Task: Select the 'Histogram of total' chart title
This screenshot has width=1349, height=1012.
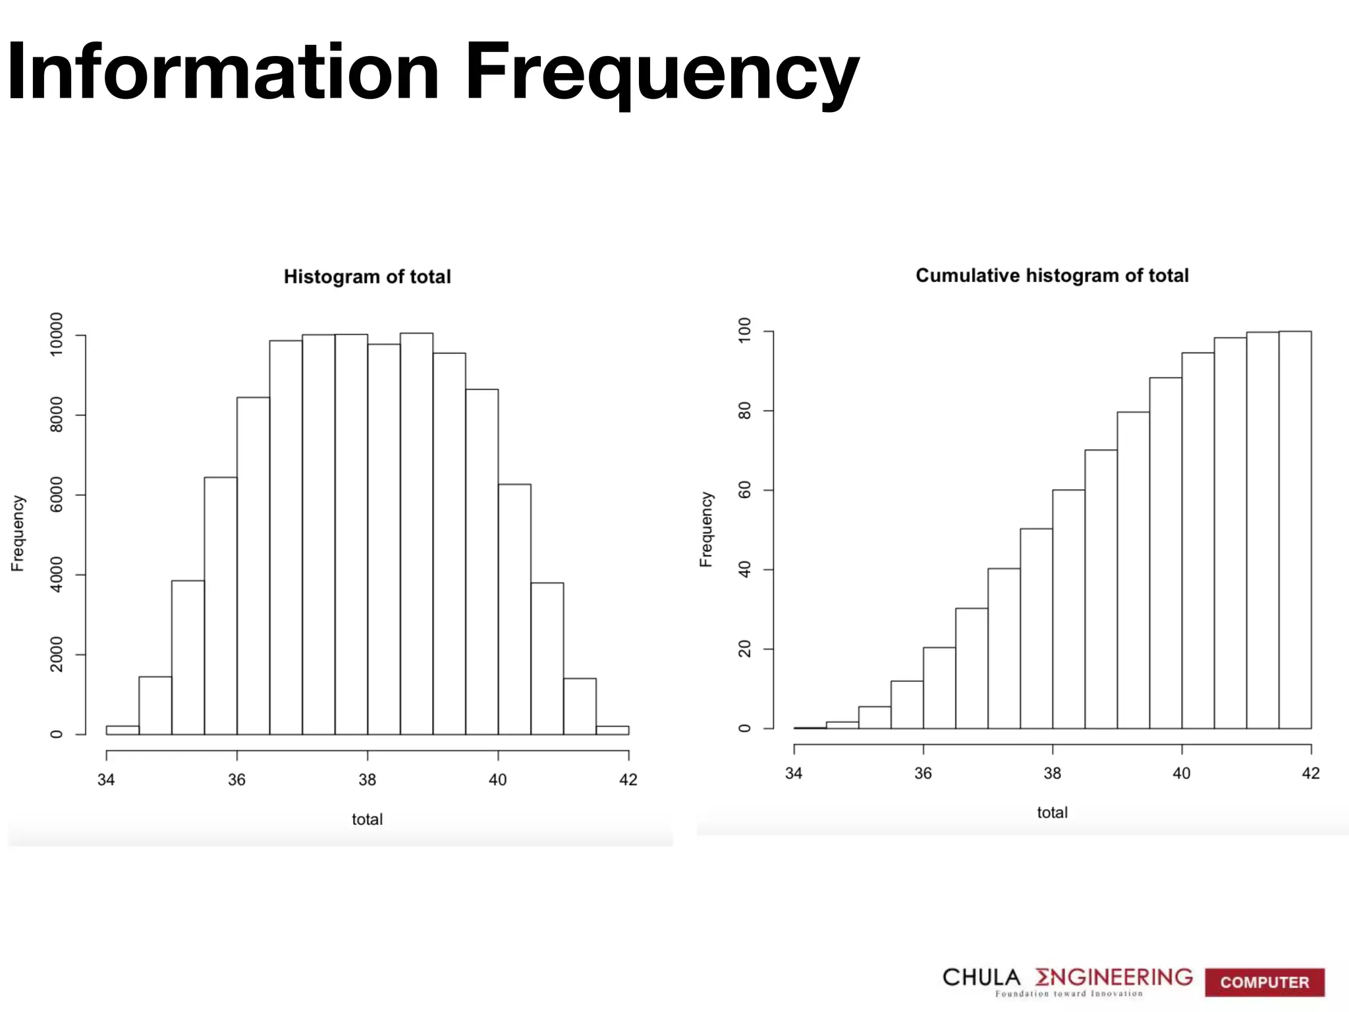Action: pyautogui.click(x=367, y=277)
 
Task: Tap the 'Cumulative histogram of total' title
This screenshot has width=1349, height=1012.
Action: pyautogui.click(x=1052, y=275)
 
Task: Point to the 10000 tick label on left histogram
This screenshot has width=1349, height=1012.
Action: pyautogui.click(x=57, y=334)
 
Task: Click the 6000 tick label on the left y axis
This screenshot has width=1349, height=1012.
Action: pyautogui.click(x=57, y=494)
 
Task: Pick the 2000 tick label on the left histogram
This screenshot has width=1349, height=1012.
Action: pyautogui.click(x=57, y=654)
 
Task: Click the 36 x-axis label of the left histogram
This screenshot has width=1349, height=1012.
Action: pyautogui.click(x=236, y=780)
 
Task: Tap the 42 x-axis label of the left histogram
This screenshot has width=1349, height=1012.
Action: pyautogui.click(x=628, y=780)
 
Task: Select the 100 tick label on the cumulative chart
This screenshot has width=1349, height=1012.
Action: pyautogui.click(x=744, y=330)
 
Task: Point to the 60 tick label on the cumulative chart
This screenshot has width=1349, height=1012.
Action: pyautogui.click(x=744, y=490)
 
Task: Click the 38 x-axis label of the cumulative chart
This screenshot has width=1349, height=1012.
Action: pyautogui.click(x=1052, y=773)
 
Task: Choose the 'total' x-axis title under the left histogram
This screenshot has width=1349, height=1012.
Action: pyautogui.click(x=367, y=820)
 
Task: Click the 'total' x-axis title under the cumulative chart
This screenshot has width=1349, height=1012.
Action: pyautogui.click(x=1052, y=813)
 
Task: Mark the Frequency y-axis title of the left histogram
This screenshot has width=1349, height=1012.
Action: pyautogui.click(x=18, y=534)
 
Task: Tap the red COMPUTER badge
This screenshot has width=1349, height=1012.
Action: pyautogui.click(x=1264, y=982)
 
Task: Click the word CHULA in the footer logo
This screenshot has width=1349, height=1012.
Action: pyautogui.click(x=981, y=977)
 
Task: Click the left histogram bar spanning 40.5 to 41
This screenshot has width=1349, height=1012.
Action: pyautogui.click(x=547, y=659)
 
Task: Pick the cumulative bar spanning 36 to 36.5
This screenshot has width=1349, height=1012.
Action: pyautogui.click(x=939, y=688)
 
